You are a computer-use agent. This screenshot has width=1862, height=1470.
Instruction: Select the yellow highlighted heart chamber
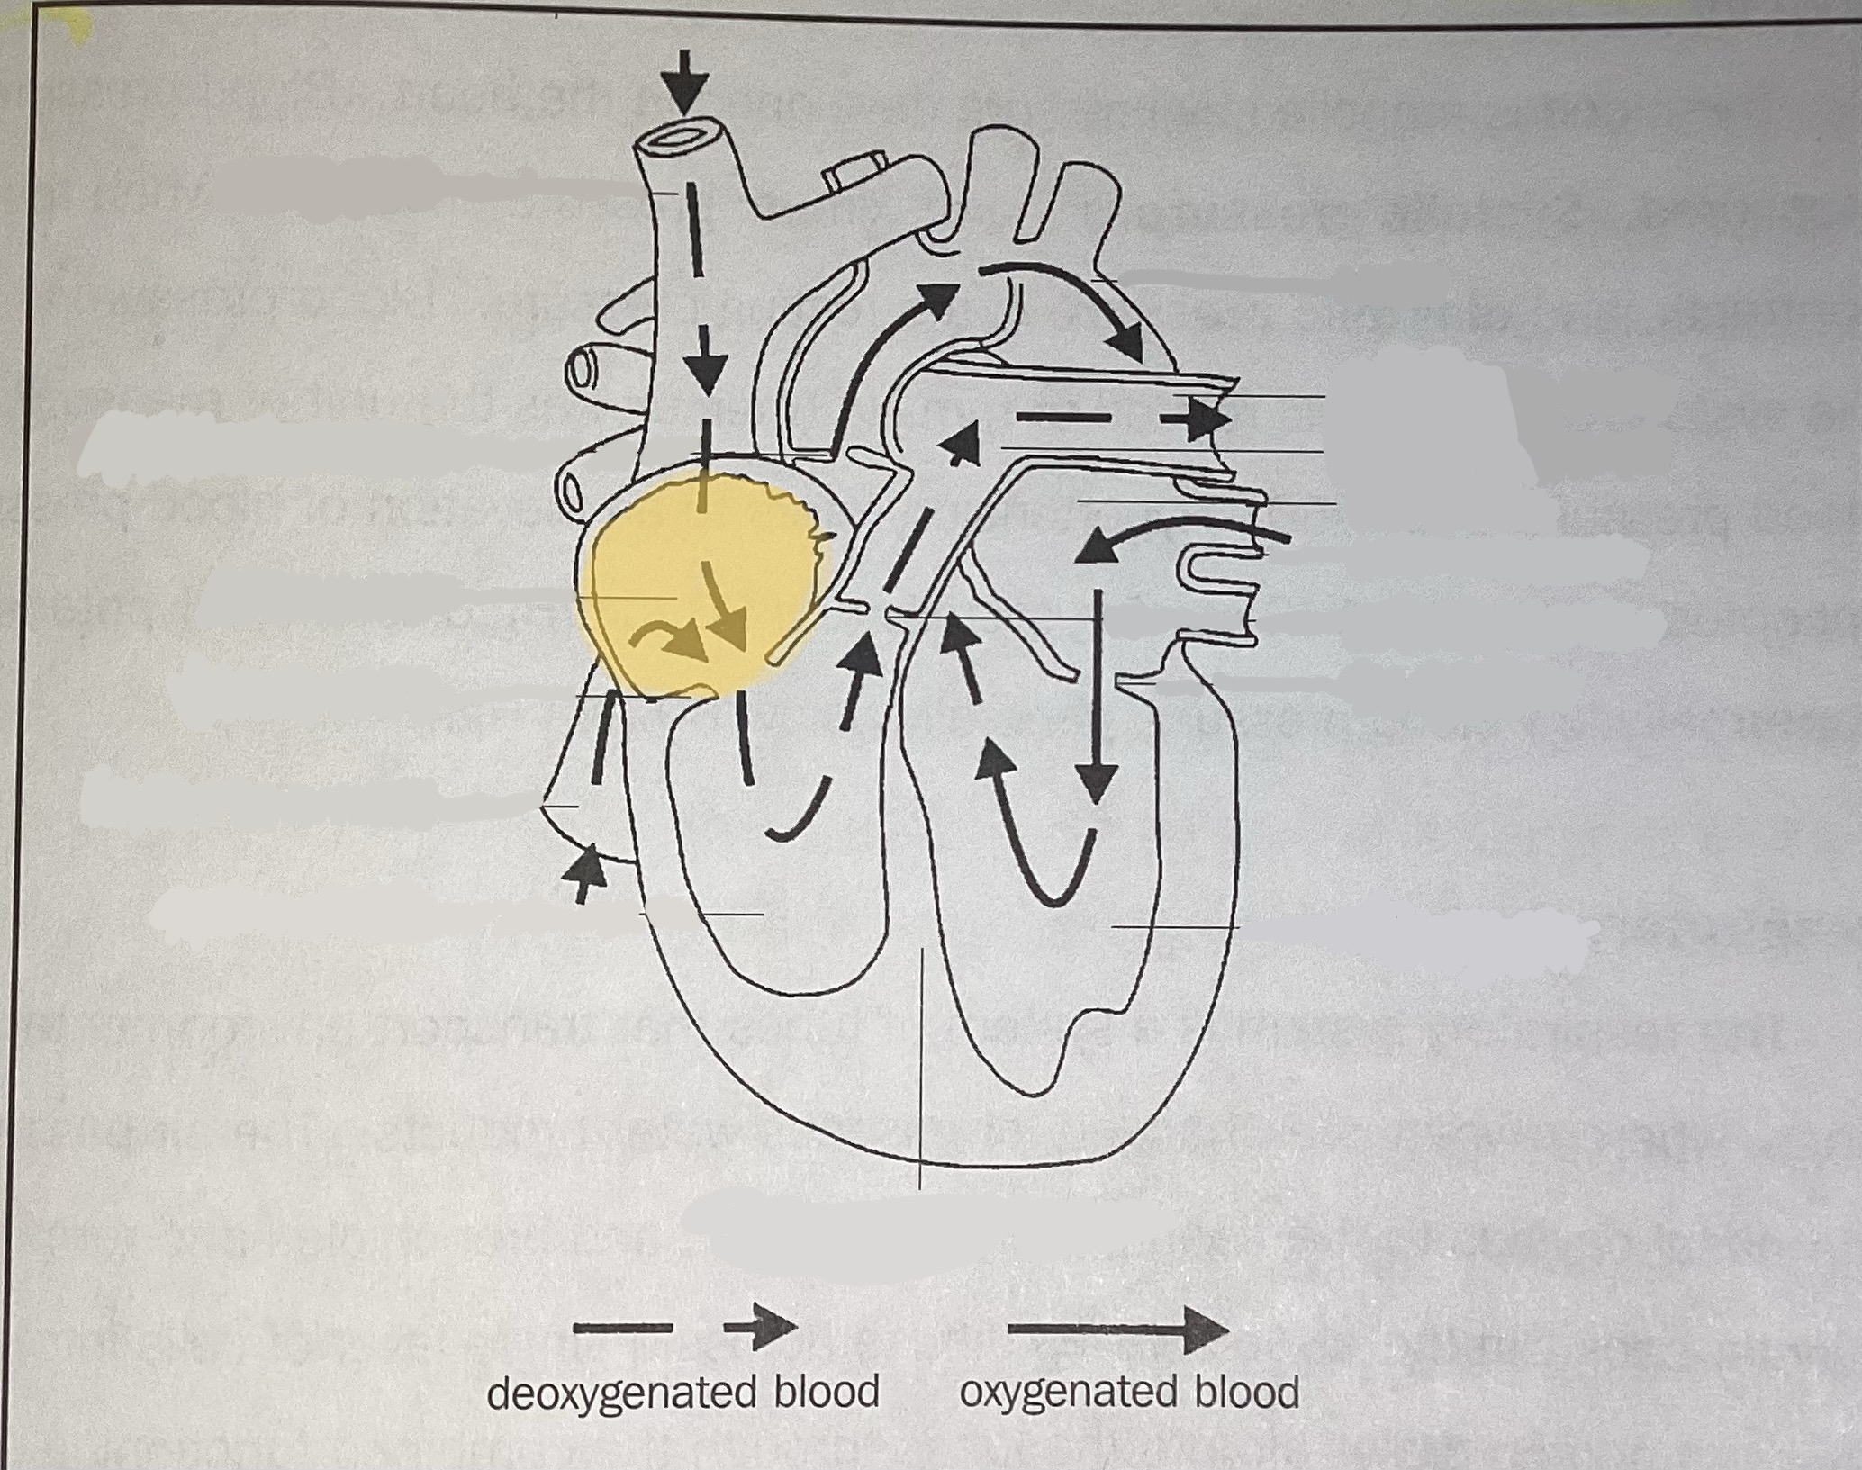click(684, 585)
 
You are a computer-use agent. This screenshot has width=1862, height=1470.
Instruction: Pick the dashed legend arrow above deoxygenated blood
click(684, 1326)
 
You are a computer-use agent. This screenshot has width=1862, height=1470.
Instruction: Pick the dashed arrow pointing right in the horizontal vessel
click(1125, 419)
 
